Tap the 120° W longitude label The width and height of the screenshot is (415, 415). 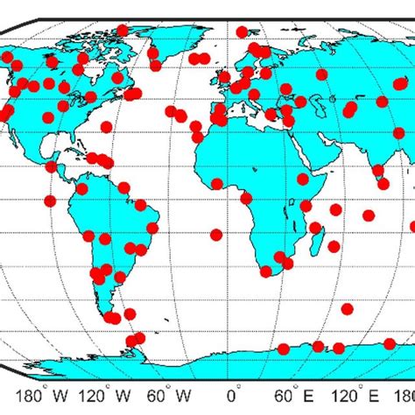111,394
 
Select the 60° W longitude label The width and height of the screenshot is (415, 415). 172,394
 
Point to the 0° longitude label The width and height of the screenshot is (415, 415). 233,394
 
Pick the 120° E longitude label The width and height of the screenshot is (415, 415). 352,394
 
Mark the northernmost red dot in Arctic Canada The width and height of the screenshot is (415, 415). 123,30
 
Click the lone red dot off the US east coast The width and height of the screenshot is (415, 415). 107,127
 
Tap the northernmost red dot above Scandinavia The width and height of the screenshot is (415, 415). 254,47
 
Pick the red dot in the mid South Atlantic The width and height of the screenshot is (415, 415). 216,234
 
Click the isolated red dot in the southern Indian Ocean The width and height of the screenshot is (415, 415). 347,308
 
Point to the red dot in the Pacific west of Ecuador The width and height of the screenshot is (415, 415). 50,200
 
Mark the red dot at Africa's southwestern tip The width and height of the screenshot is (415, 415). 266,271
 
